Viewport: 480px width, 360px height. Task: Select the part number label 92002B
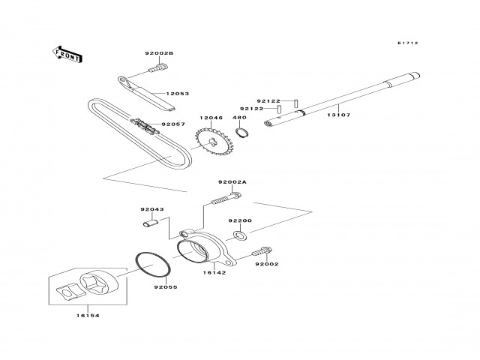click(x=159, y=53)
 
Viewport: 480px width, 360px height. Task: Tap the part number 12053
click(x=178, y=94)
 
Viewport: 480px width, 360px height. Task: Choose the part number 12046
click(x=211, y=118)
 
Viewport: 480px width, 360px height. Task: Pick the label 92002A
click(x=232, y=182)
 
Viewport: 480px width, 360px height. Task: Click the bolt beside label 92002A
click(x=224, y=199)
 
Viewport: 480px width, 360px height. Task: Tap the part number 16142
click(x=214, y=273)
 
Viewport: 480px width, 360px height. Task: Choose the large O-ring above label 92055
click(x=155, y=265)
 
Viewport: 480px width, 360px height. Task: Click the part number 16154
click(x=88, y=315)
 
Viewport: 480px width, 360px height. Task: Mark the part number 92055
click(x=166, y=286)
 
